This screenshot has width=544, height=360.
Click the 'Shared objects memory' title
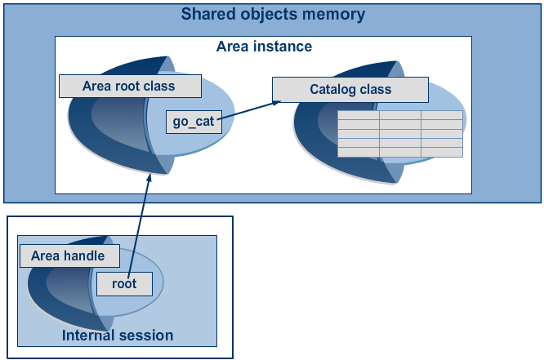point(273,15)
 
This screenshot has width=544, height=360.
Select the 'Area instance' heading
point(264,47)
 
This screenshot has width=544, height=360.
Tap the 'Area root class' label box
point(129,86)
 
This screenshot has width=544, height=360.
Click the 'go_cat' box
point(193,122)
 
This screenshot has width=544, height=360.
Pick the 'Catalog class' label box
point(350,89)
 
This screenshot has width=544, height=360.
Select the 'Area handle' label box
point(68,256)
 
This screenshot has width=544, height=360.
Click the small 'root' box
point(124,283)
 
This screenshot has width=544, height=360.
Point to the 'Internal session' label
point(118,336)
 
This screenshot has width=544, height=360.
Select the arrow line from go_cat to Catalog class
point(245,110)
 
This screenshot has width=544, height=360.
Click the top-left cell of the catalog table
point(358,115)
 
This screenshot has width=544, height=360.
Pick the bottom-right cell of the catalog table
point(442,152)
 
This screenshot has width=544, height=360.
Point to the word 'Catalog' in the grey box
point(332,89)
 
